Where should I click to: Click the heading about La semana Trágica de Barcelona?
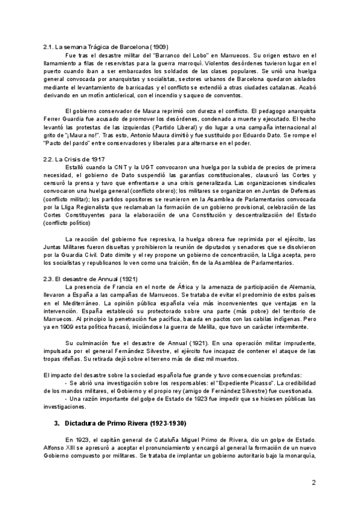tap(106, 47)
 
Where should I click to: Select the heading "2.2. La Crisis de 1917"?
tap(74, 159)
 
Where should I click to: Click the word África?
tap(204, 288)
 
